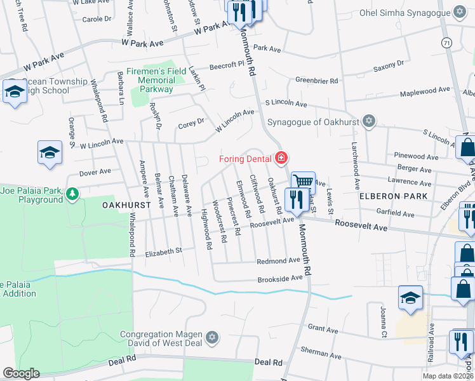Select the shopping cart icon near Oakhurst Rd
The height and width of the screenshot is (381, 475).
[x=304, y=182]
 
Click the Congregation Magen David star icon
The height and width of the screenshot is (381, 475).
[x=212, y=336]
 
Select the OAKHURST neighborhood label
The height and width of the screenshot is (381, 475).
[x=126, y=206]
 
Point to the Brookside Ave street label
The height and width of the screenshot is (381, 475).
[x=279, y=279]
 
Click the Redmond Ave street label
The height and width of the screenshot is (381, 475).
[x=278, y=261]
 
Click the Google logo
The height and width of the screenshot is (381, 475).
[x=21, y=373]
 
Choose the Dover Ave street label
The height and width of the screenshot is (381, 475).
[x=95, y=171]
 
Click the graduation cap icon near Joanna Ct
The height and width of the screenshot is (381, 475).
[x=410, y=297]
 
